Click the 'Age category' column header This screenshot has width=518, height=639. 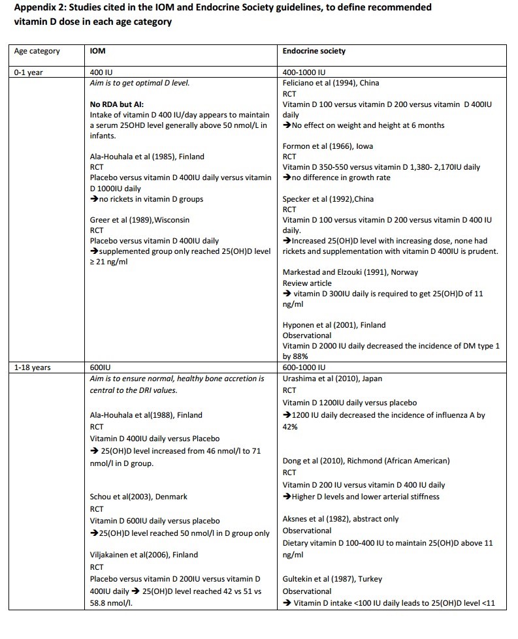37,51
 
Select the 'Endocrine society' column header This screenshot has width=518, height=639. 314,51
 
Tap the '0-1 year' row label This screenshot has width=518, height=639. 29,72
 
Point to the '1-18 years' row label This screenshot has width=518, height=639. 33,367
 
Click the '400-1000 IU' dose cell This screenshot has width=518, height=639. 304,72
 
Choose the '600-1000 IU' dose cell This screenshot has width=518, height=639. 304,367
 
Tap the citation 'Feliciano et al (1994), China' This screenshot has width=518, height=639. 331,83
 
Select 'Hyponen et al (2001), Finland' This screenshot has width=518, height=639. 334,325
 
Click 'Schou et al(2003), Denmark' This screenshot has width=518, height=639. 138,497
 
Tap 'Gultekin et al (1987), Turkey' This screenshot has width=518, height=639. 332,579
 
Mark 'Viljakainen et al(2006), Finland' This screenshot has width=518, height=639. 144,555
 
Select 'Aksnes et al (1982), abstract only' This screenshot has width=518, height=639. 340,519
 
